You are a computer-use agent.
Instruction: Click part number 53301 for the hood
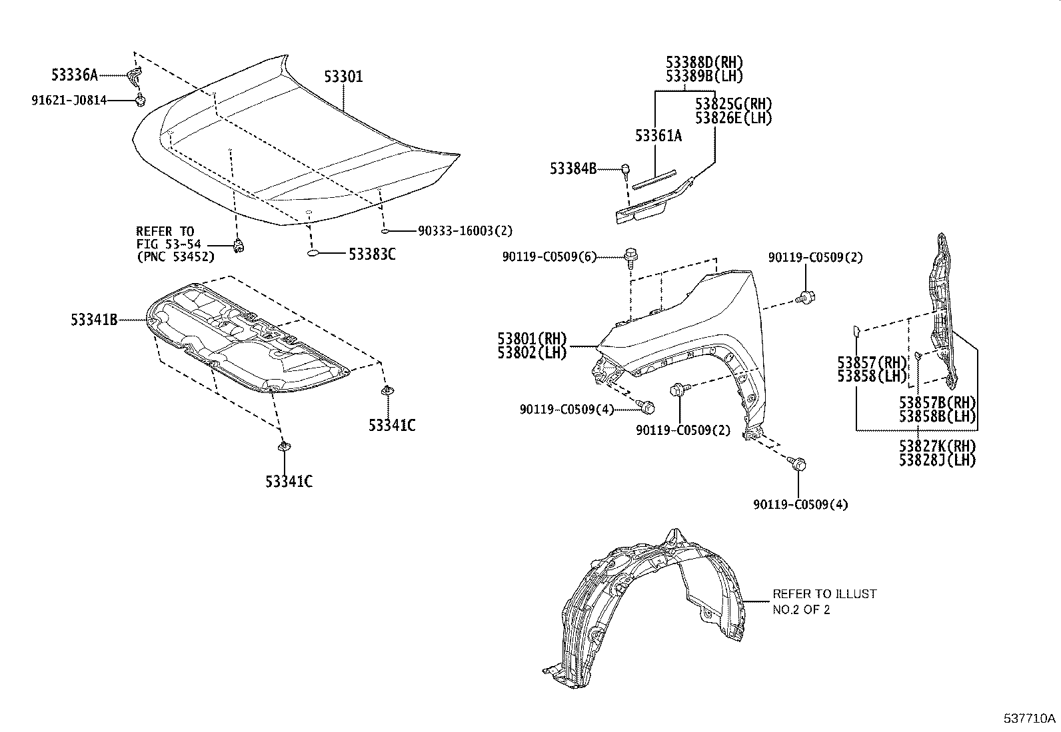343,77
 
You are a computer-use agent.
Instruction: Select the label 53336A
75,75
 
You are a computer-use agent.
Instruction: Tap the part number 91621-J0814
69,101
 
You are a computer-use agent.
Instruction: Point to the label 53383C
372,254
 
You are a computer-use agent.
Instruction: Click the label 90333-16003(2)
465,230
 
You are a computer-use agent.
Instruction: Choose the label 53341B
94,320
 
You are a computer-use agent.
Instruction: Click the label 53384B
573,169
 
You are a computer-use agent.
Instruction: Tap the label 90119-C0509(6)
550,256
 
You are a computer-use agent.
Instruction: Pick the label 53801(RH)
531,338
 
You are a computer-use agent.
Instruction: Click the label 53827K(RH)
937,446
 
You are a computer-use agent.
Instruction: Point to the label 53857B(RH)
937,402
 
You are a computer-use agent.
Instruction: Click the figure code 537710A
1030,719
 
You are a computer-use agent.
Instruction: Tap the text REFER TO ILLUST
824,593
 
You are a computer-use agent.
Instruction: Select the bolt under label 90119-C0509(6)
630,255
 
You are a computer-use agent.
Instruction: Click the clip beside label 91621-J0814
140,101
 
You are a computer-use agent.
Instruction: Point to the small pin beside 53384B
626,170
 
